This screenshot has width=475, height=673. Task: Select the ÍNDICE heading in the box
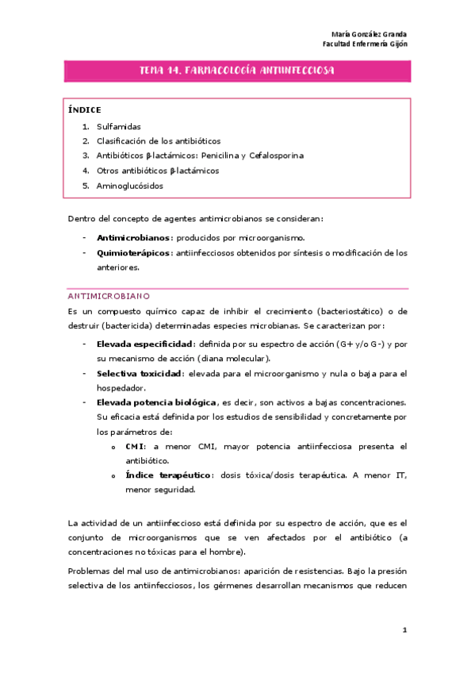click(x=84, y=110)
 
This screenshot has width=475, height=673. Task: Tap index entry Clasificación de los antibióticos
click(x=159, y=140)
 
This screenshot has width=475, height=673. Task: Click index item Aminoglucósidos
click(x=129, y=186)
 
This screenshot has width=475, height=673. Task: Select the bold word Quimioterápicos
click(x=133, y=253)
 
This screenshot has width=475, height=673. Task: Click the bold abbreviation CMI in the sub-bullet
click(x=134, y=447)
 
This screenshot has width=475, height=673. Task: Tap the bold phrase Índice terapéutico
click(x=168, y=475)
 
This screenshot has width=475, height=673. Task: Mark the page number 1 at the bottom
click(x=404, y=630)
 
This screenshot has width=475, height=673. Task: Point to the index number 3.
click(x=85, y=156)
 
